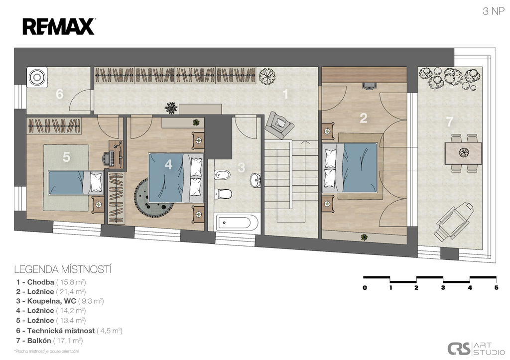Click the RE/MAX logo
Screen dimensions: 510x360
click(x=59, y=26)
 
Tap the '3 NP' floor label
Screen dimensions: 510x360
click(x=494, y=11)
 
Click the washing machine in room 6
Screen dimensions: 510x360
click(x=37, y=77)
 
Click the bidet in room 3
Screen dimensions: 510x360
click(x=223, y=175)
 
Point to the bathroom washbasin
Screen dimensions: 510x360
click(x=255, y=180)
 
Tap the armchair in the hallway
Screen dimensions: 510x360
click(x=279, y=124)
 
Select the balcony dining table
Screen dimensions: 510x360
click(x=463, y=153)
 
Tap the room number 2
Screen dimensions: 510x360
click(x=363, y=118)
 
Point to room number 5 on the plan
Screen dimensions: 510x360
click(x=66, y=157)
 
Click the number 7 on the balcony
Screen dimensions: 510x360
click(x=450, y=122)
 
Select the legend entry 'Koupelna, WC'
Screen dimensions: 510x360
click(x=51, y=301)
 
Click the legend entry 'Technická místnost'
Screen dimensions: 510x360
click(x=61, y=331)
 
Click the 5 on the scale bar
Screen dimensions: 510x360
click(x=496, y=287)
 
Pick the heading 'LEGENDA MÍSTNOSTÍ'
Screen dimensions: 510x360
click(x=63, y=269)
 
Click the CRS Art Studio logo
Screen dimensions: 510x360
click(x=476, y=348)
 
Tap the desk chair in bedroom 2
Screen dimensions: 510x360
click(x=369, y=86)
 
